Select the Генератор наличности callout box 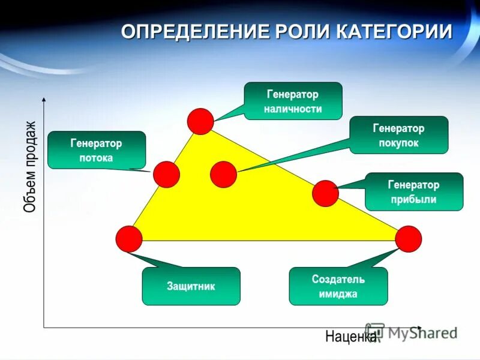pos(293,101)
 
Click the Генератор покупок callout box pos(398,135)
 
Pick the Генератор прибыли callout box pos(414,192)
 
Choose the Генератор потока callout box pos(97,150)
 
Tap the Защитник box pos(191,286)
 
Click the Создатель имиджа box pos(338,286)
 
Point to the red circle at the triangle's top pos(200,121)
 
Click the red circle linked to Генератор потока pos(166,175)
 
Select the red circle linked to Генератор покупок pos(224,175)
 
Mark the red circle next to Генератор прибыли pos(326,193)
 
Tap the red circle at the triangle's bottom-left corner pos(129,239)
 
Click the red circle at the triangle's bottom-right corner pos(409,239)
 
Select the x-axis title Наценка pos(350,337)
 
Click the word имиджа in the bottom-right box pos(338,294)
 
